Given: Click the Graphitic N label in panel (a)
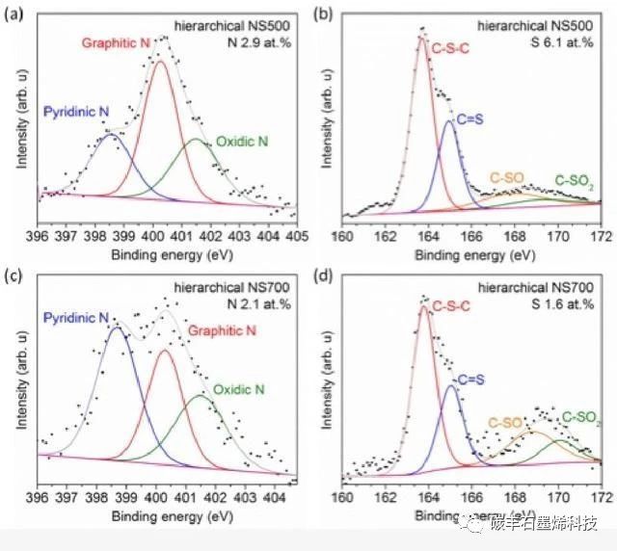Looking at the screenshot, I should click(117, 44).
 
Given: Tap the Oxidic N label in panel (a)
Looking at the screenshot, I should click(241, 142).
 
